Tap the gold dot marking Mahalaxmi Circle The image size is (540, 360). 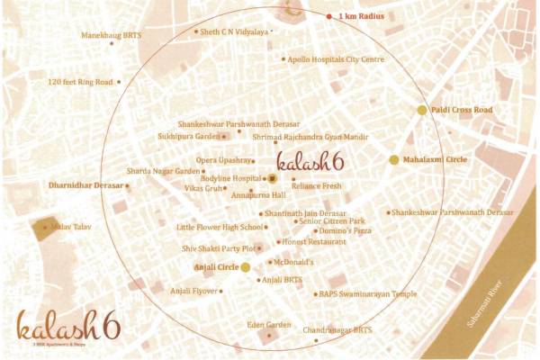tap(393, 159)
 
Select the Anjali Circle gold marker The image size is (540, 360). tap(246, 267)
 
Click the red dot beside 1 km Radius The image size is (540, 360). tap(328, 16)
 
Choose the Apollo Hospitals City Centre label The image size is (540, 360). tap(336, 59)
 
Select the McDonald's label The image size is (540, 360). tap(292, 262)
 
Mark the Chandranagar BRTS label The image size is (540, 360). tap(338, 330)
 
